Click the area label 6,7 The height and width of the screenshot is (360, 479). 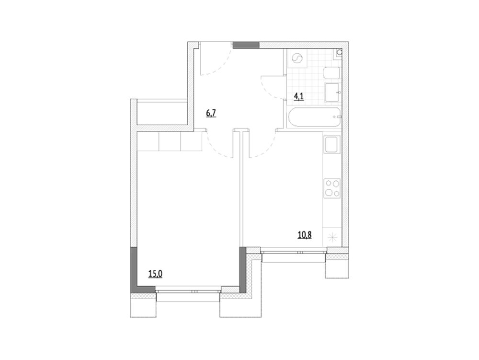point(211,113)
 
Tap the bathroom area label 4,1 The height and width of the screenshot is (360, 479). point(299,97)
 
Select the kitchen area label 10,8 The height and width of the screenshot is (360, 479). point(305,235)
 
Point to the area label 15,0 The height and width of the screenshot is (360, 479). point(155,274)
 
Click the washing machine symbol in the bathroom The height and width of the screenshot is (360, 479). point(297,58)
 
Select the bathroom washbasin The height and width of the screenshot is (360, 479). point(332,92)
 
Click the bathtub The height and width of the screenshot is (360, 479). point(314,117)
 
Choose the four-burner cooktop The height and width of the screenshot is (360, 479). point(332,188)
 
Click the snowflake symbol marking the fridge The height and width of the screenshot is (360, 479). point(332,237)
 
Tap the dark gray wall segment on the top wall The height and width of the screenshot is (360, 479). point(246,45)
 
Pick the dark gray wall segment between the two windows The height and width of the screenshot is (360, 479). point(242,269)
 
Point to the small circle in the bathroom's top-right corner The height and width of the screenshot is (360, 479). point(339,53)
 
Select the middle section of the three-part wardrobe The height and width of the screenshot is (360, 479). point(170,141)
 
